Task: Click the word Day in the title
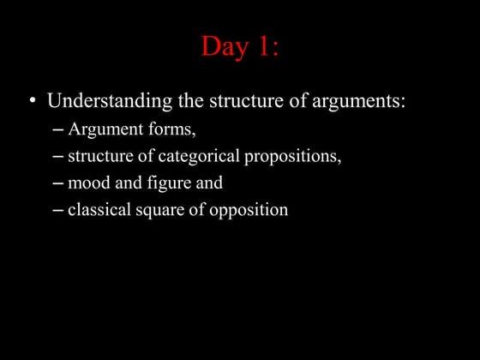pos(222,47)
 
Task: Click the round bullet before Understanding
pos(32,101)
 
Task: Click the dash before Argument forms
pos(57,131)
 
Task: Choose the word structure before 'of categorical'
pos(98,157)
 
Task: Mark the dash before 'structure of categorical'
pos(57,158)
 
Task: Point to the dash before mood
pos(57,183)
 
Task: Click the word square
pos(157,210)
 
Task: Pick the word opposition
pos(248,210)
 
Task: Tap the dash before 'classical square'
pos(57,210)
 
